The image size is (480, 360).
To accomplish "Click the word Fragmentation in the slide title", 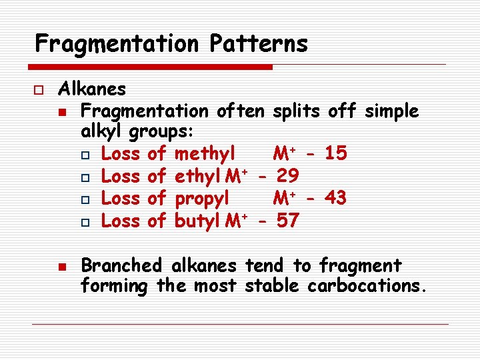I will tap(117, 45).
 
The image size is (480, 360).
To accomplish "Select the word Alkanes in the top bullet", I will tap(92, 89).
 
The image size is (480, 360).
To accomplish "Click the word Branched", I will tap(121, 266).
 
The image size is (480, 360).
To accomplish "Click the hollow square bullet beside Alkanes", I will tap(40, 89).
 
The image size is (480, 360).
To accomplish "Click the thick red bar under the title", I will tap(151, 67).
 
